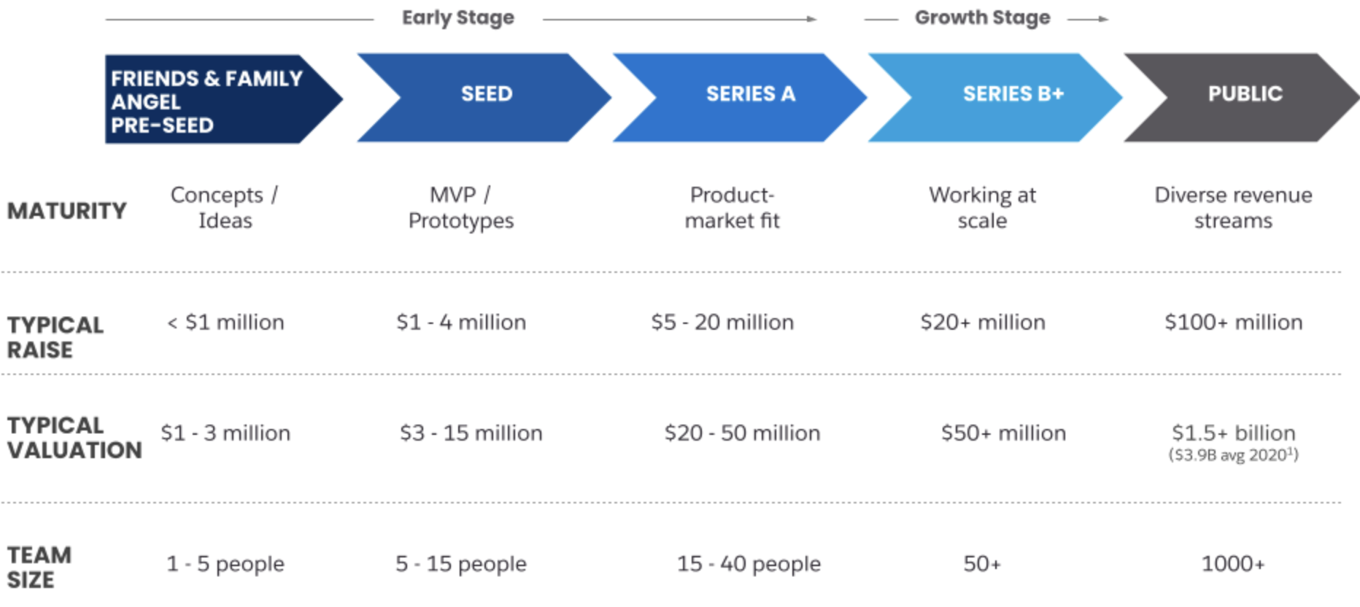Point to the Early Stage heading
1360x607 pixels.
[458, 18]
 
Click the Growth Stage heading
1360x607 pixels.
[983, 18]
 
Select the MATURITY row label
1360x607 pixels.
[67, 211]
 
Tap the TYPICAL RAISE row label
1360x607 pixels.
[55, 337]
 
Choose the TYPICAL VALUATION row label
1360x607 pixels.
[74, 438]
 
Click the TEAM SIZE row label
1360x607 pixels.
[39, 568]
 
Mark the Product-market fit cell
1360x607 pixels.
[733, 208]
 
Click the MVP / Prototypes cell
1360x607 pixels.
[461, 208]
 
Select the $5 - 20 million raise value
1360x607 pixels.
[722, 322]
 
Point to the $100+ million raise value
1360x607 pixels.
[1234, 322]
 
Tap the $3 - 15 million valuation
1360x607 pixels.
[471, 433]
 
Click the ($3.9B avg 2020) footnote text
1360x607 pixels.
[1234, 455]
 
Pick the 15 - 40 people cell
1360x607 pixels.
[749, 563]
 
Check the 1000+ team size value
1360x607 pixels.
[1233, 563]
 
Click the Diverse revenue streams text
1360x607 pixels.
[1234, 208]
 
